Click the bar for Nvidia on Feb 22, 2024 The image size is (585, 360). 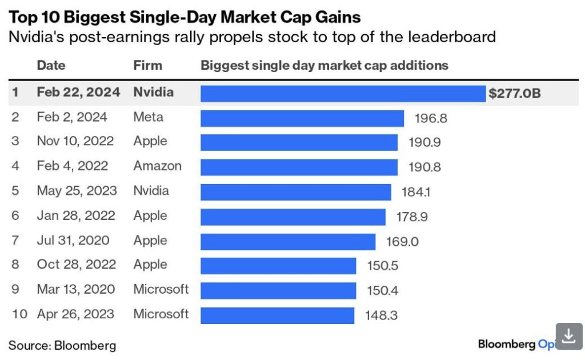tap(343, 93)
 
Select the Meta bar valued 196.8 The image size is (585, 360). tap(302, 118)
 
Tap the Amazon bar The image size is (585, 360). tap(299, 167)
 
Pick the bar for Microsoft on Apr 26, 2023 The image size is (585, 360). tap(277, 315)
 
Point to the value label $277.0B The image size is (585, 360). tap(514, 93)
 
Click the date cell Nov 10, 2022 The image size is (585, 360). tap(75, 141)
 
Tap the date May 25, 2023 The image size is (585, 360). tap(77, 190)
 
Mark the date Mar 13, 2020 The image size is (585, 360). tap(75, 289)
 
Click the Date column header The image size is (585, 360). tap(51, 65)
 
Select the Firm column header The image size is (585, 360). tap(147, 65)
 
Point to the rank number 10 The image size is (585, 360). tap(19, 314)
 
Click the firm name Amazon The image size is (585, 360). tap(157, 166)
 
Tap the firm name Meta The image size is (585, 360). tap(148, 117)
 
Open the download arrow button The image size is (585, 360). tap(568, 336)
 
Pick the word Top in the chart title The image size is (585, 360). tap(21, 17)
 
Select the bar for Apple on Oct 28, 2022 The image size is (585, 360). tap(278, 266)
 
